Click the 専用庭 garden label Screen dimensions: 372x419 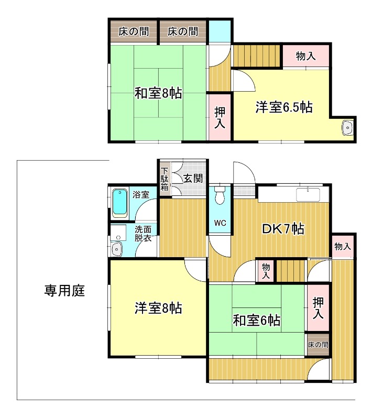pyautogui.click(x=64, y=291)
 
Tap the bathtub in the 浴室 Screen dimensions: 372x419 pyautogui.click(x=120, y=203)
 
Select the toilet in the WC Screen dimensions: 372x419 pyautogui.click(x=220, y=195)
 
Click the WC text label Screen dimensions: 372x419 pyautogui.click(x=220, y=223)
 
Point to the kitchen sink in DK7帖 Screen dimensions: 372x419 pyautogui.click(x=308, y=195)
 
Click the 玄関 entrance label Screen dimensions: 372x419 pyautogui.click(x=193, y=178)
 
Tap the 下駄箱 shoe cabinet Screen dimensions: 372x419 pyautogui.click(x=165, y=179)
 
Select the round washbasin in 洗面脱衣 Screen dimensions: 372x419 pyautogui.click(x=116, y=249)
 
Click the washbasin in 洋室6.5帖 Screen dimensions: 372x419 pyautogui.click(x=347, y=128)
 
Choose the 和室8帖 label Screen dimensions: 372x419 pyautogui.click(x=158, y=93)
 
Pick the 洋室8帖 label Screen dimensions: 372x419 pyautogui.click(x=158, y=308)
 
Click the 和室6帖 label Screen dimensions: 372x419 pyautogui.click(x=257, y=320)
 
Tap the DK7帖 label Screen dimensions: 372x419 pyautogui.click(x=283, y=229)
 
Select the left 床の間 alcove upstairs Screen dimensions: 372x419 pyautogui.click(x=134, y=31)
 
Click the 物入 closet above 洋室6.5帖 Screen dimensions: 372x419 pyautogui.click(x=306, y=56)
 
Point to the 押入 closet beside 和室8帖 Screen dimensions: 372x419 pyautogui.click(x=220, y=117)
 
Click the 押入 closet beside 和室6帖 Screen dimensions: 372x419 pyautogui.click(x=318, y=308)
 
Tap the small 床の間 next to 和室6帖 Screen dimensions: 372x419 pyautogui.click(x=318, y=345)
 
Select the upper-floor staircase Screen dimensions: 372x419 pyautogui.click(x=257, y=56)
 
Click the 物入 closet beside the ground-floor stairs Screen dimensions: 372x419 pyautogui.click(x=266, y=270)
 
